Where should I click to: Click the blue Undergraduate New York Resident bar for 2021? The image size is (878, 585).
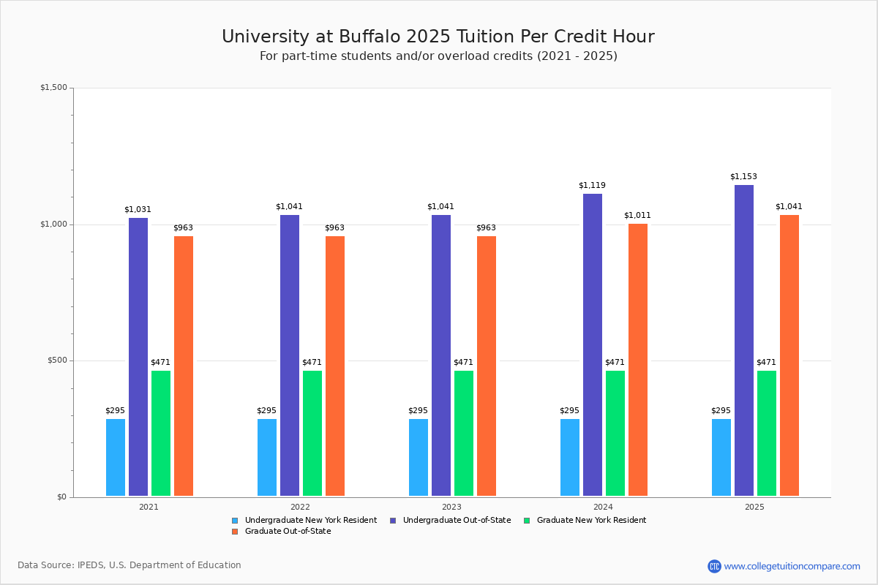tap(116, 457)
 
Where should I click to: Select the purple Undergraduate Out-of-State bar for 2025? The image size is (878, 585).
tap(744, 340)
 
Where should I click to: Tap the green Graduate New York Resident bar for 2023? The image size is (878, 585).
tap(464, 433)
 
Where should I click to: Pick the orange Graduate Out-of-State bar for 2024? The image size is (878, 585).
tap(638, 359)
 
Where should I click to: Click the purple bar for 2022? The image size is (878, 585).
tap(290, 355)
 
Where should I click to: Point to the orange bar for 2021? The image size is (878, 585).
tap(184, 366)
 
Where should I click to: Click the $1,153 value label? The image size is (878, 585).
tap(743, 177)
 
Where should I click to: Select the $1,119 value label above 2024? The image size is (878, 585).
tap(592, 186)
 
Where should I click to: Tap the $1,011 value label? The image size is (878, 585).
tap(637, 216)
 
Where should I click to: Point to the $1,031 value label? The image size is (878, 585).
tap(138, 210)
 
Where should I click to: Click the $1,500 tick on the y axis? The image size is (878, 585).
tap(53, 88)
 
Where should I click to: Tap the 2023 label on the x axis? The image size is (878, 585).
tap(451, 507)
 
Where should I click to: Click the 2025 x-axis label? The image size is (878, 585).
tap(754, 507)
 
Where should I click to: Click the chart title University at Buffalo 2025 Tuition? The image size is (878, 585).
tap(438, 37)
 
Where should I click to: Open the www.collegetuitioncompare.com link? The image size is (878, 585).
tap(792, 566)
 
